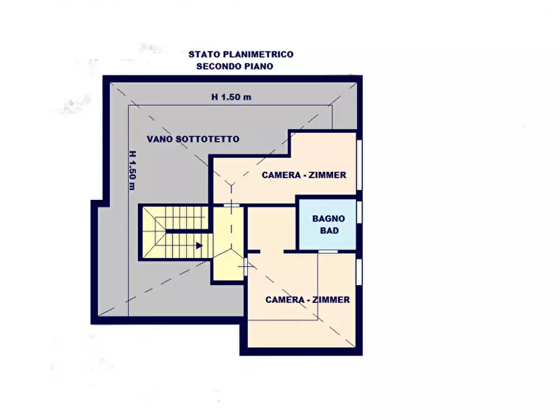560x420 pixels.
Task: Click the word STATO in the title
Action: [203, 55]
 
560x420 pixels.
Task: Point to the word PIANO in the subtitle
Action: [260, 66]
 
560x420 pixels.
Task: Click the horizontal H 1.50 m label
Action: [231, 97]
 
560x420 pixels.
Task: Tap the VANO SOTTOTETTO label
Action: [193, 139]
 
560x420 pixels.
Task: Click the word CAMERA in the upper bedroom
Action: [281, 175]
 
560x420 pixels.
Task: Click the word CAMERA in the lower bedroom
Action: [285, 300]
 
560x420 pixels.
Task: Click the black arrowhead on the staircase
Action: [199, 246]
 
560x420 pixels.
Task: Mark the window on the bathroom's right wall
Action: [360, 213]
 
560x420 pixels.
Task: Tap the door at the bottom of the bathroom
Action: [327, 251]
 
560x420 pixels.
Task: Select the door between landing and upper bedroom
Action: [231, 205]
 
